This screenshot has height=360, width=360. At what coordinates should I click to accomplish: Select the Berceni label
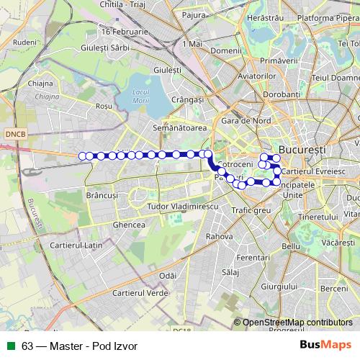(x=333, y=288)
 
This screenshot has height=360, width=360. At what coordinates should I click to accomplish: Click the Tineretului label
(x=318, y=217)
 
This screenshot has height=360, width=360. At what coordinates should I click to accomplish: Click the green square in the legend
(x=11, y=346)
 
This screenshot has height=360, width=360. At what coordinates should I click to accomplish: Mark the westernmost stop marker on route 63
(x=83, y=156)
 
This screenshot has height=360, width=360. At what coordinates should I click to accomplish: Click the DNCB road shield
(x=14, y=134)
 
